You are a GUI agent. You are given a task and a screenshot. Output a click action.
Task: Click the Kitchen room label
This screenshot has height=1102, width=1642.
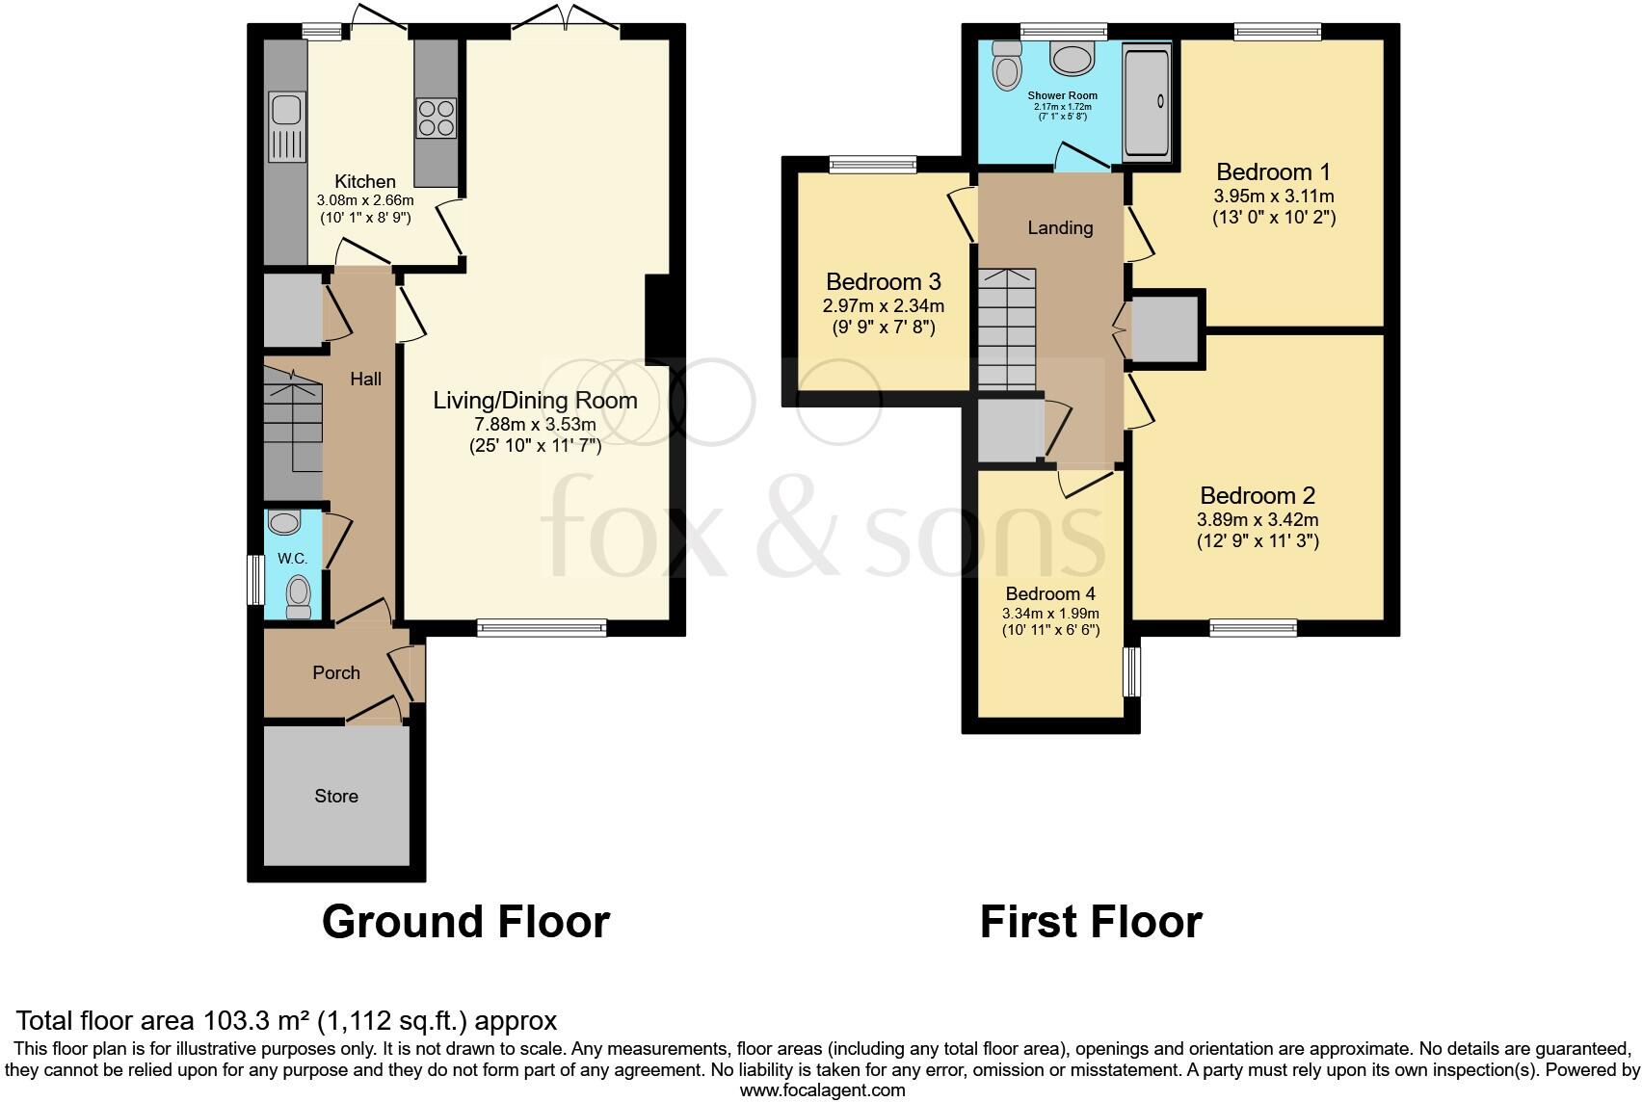(364, 181)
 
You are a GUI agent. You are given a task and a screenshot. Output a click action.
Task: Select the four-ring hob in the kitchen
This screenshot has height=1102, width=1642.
(437, 118)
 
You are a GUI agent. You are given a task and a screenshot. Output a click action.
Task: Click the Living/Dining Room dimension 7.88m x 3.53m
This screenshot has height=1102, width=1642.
(535, 424)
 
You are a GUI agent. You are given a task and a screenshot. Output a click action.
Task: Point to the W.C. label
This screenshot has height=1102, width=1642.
(292, 559)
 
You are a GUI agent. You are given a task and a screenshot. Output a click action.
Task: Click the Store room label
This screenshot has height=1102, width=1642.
(335, 796)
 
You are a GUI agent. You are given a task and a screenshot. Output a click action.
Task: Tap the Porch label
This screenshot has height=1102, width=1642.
(336, 672)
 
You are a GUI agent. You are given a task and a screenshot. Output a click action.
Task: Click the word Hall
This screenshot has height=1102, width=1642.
(365, 380)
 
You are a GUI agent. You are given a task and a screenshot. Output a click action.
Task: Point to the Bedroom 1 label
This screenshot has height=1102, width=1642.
(1273, 172)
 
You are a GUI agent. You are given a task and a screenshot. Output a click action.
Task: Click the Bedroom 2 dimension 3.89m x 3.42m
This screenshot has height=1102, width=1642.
(1258, 519)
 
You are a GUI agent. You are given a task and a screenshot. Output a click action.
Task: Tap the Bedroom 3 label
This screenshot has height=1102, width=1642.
(883, 282)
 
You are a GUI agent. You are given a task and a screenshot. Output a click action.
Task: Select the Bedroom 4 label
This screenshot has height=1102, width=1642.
(1050, 593)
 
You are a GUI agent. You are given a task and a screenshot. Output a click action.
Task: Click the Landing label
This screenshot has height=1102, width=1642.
(1060, 228)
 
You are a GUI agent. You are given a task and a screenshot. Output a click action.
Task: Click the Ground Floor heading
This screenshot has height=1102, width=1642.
(465, 922)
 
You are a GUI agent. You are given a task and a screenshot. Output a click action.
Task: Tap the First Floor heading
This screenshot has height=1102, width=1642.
(1091, 922)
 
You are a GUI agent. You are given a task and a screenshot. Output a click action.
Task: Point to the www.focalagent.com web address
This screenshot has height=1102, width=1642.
(822, 1090)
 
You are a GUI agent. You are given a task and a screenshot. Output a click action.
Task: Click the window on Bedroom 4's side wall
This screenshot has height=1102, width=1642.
(1132, 671)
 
